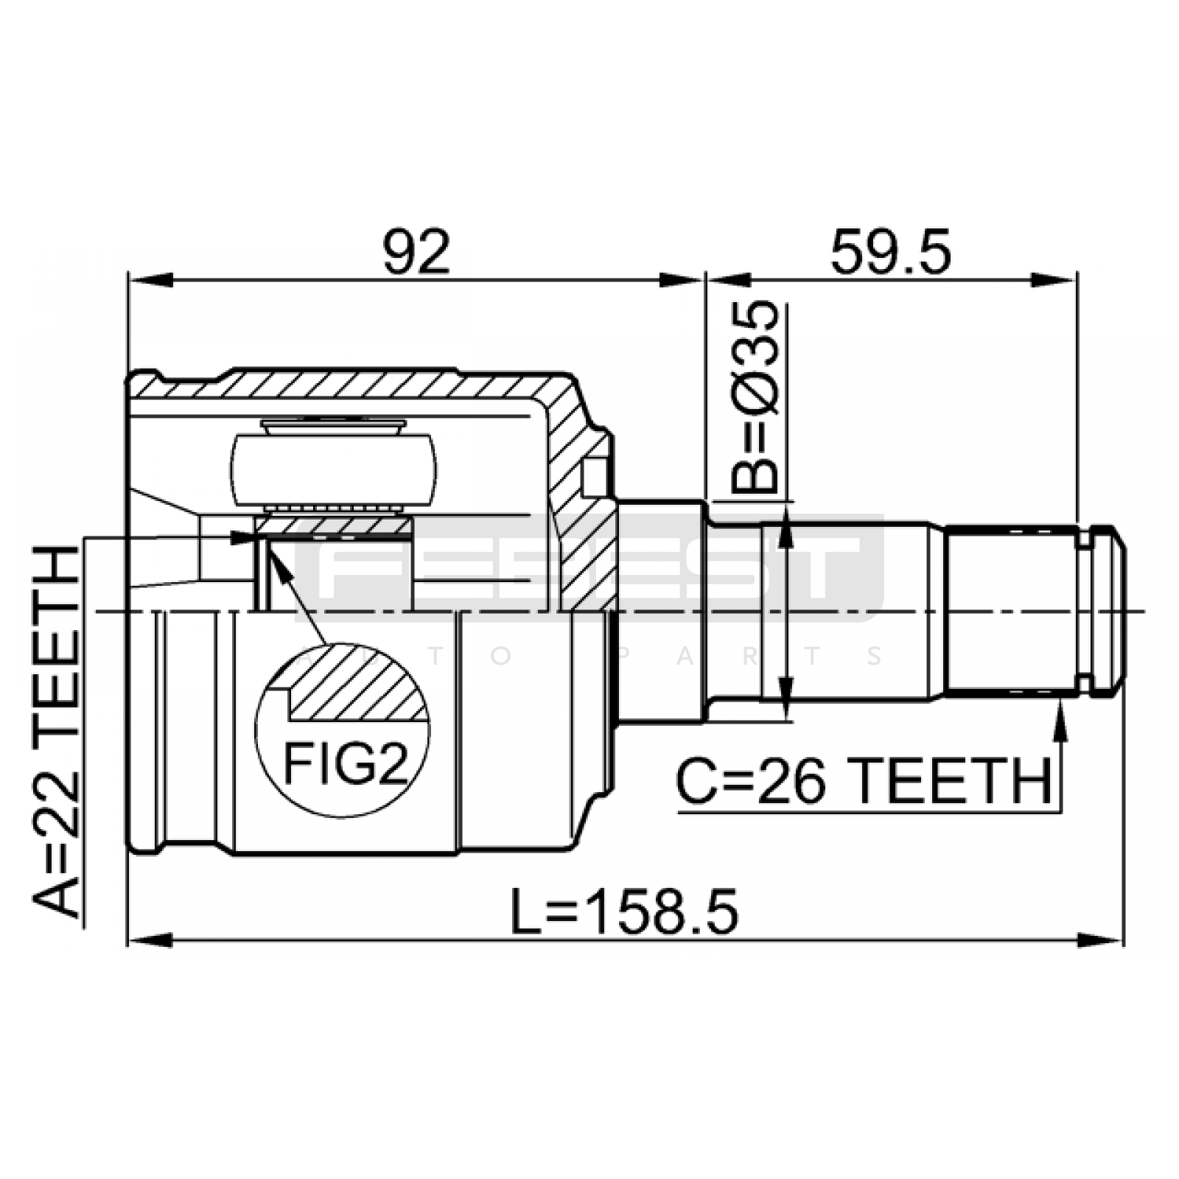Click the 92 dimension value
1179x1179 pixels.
tap(416, 251)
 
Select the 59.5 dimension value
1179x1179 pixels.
tap(891, 251)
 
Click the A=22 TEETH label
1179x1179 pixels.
tap(55, 731)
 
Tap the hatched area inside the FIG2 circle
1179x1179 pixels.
tap(357, 682)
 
